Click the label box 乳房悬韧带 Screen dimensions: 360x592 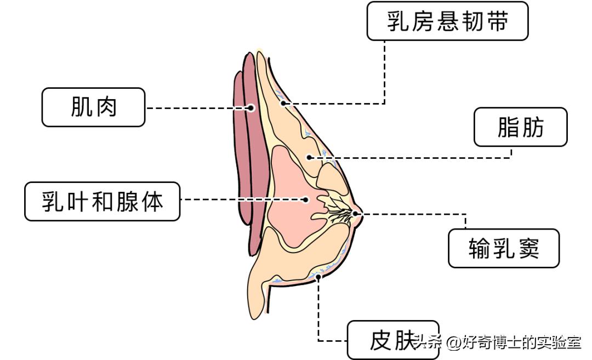coord(447,21)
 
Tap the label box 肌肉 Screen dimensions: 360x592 coord(94,107)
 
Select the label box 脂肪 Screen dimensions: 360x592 coord(520,127)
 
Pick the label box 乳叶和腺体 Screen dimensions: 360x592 coord(103,201)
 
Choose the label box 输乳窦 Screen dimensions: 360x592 coord(504,248)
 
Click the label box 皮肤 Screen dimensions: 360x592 coord(392,340)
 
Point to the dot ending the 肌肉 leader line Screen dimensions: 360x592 coord(251,108)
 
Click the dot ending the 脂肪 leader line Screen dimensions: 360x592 coord(309,157)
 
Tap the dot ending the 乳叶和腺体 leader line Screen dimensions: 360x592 coord(306,200)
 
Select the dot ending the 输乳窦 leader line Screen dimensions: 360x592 coord(355,213)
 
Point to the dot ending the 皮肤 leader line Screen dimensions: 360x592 coord(318,278)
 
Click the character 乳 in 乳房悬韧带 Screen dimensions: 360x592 coord(397,21)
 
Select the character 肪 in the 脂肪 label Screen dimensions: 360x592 coord(533,127)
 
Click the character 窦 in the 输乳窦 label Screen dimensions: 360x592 coord(528,249)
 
